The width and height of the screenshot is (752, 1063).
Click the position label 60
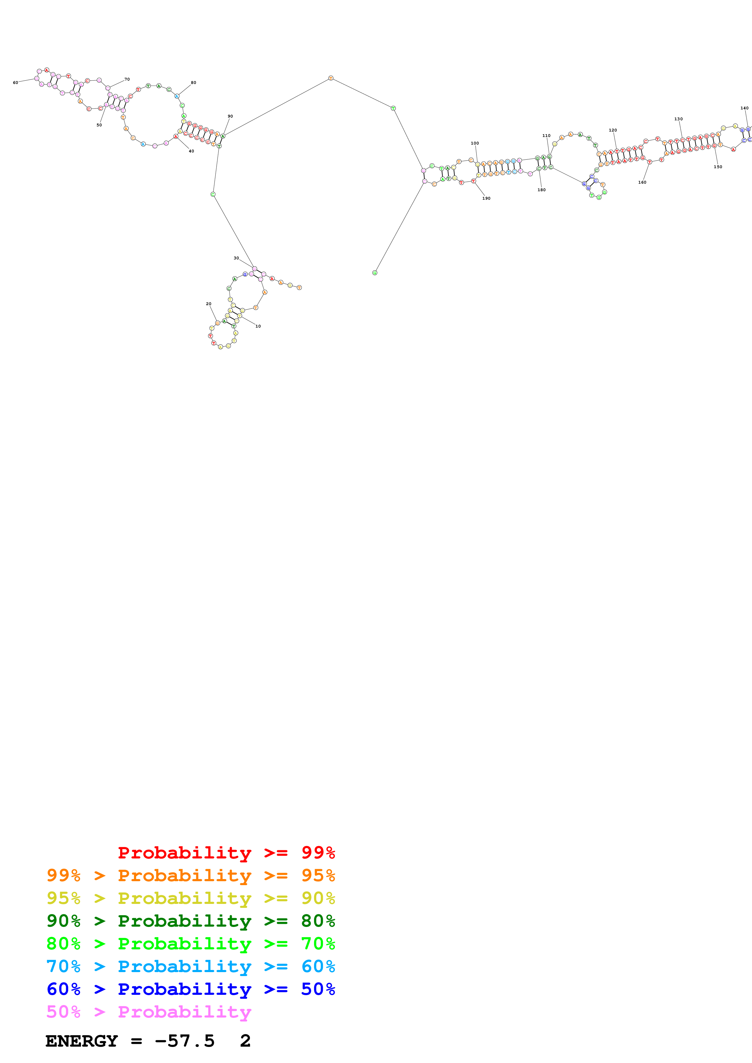point(15,83)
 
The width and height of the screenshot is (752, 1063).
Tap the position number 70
point(127,79)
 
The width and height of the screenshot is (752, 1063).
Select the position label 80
point(193,83)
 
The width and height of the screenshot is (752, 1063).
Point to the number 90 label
point(230,116)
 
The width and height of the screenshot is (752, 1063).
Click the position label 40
point(191,151)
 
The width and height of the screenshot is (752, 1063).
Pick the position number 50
point(99,125)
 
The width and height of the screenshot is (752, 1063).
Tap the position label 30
point(236,258)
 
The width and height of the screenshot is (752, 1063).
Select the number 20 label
point(208,304)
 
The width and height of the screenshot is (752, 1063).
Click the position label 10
point(258,326)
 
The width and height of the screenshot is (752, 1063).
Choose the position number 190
point(486,198)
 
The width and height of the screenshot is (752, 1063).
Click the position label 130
point(678,119)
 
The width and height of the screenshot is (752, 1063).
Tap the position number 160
point(642,182)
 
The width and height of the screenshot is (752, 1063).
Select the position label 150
point(718,167)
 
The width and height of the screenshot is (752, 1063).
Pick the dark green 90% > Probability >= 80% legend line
point(191,921)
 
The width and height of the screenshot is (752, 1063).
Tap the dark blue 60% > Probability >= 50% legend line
point(191,989)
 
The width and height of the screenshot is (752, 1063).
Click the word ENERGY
point(82,1041)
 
